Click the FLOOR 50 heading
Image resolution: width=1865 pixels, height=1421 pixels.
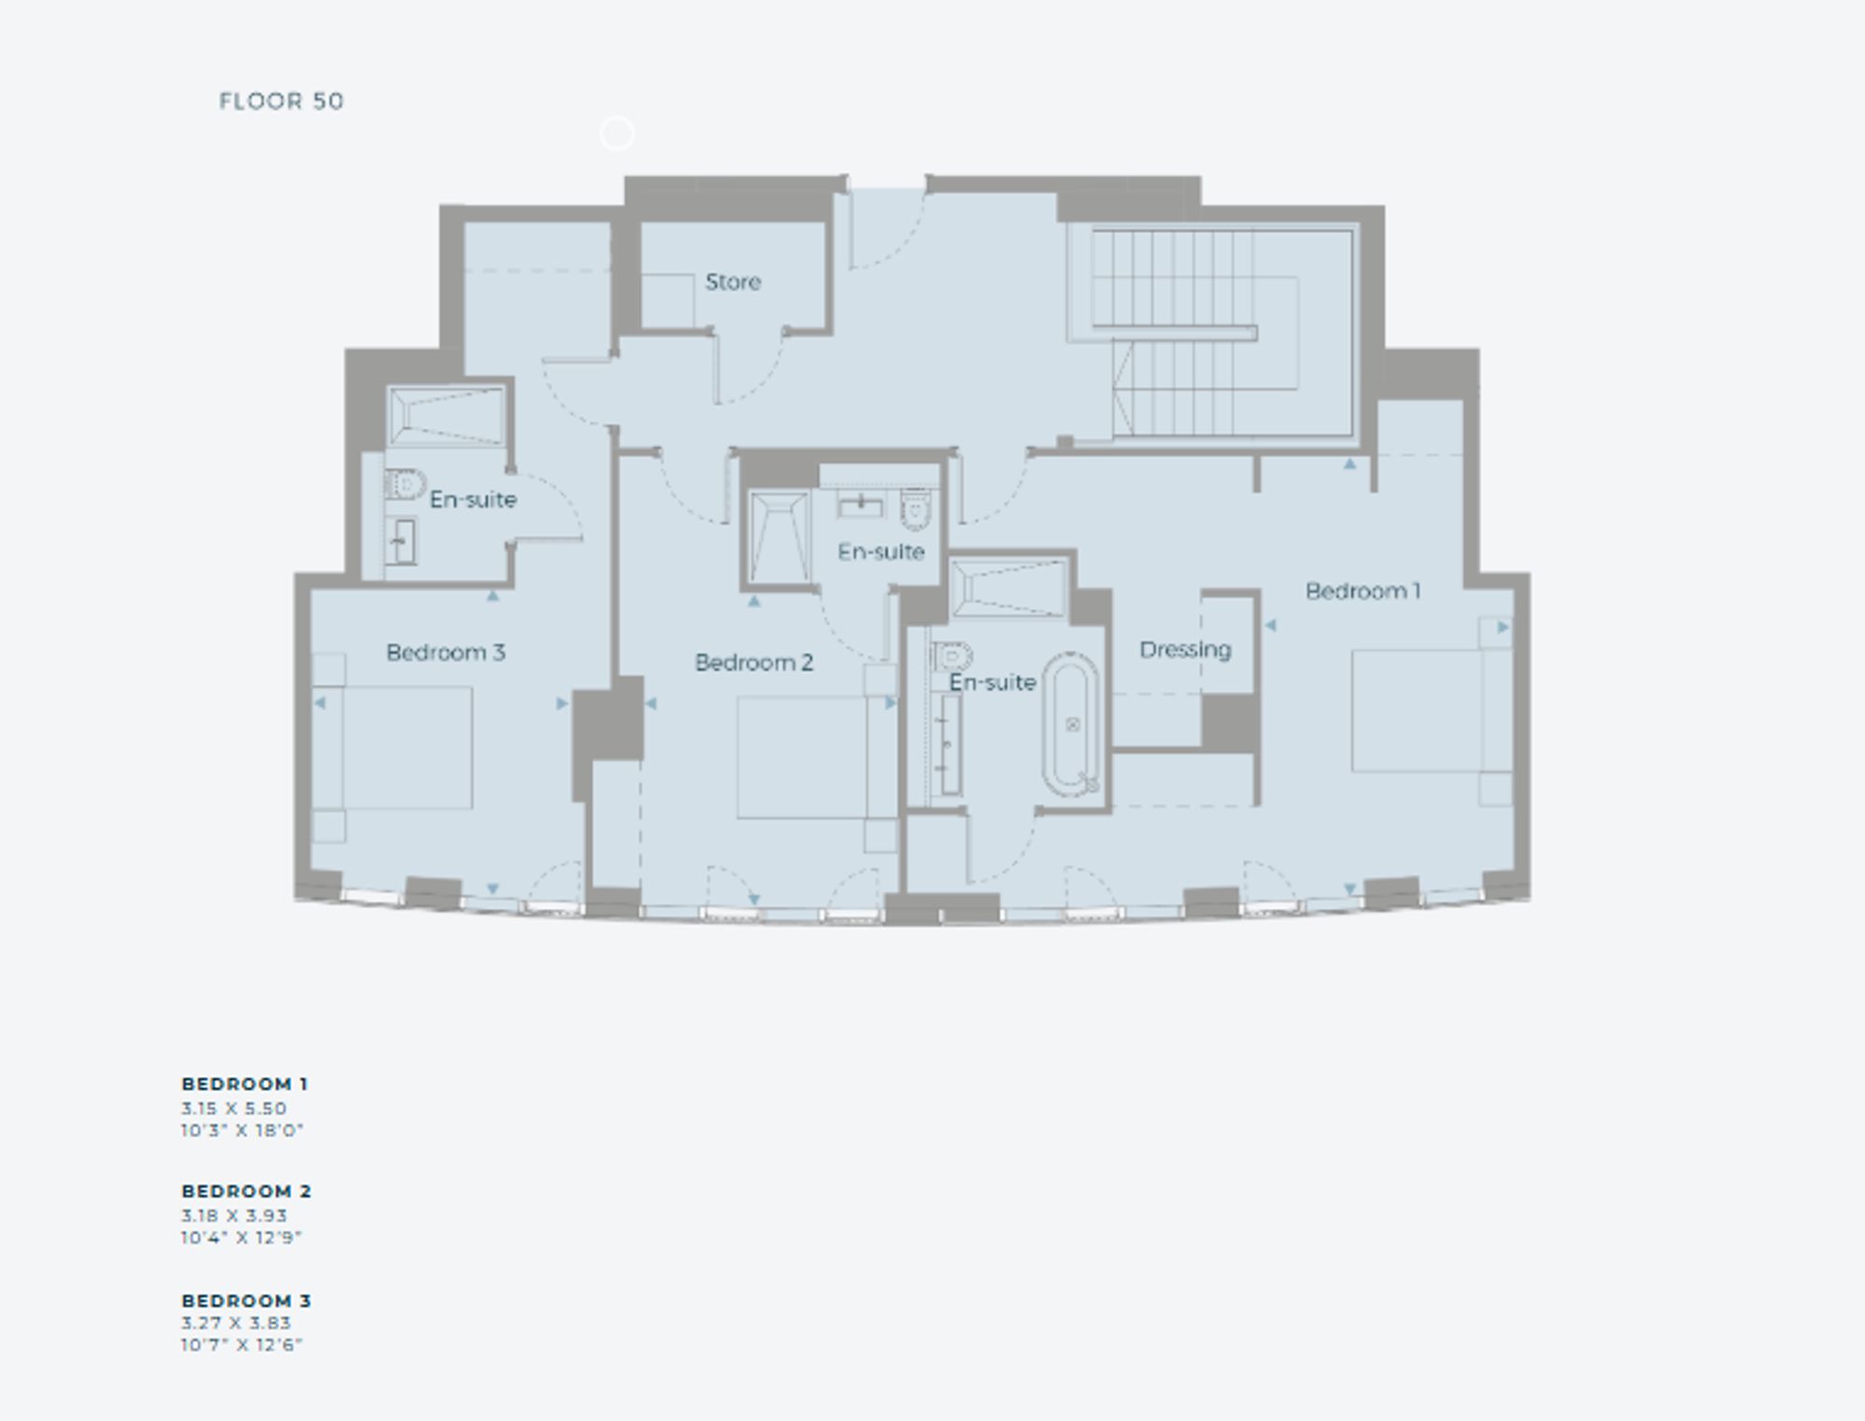(x=282, y=101)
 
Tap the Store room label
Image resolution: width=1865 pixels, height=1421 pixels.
(x=733, y=282)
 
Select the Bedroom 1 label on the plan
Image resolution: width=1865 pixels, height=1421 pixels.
(x=1362, y=591)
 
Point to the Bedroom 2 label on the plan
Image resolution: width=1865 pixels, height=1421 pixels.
(x=753, y=663)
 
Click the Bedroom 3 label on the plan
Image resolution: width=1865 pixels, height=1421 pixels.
(x=446, y=653)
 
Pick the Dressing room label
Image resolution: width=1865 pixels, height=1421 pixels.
(x=1185, y=650)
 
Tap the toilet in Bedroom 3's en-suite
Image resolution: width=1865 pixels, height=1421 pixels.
(x=405, y=484)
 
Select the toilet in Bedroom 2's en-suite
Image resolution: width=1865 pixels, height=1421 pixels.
(x=916, y=509)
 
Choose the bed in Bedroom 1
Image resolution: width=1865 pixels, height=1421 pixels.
(x=1432, y=710)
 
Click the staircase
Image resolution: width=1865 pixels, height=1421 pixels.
(x=1209, y=334)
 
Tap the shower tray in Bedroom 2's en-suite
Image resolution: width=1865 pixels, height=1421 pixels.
(x=779, y=540)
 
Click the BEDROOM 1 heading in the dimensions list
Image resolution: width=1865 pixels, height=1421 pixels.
(x=244, y=1084)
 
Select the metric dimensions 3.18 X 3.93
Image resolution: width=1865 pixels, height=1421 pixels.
(x=234, y=1216)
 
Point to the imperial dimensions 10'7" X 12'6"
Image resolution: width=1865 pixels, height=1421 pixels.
(x=242, y=1345)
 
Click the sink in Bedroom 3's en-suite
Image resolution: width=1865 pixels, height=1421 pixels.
(x=402, y=542)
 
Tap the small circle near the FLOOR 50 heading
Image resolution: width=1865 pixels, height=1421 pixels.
(x=616, y=134)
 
